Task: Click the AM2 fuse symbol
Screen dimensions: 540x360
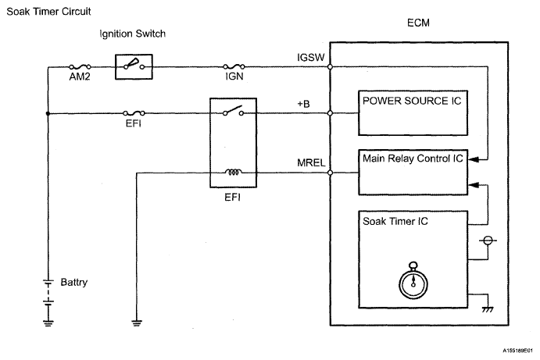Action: point(80,66)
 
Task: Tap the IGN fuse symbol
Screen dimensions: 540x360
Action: point(234,66)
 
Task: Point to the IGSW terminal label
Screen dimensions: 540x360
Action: point(311,58)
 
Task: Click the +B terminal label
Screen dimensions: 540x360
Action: point(303,104)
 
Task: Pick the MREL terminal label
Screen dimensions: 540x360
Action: point(311,162)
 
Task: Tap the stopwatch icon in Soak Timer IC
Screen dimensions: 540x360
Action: point(413,280)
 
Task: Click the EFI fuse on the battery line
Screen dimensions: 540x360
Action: point(134,113)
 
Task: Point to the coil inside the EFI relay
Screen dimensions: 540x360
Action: point(234,172)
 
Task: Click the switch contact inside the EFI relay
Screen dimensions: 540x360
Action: point(233,111)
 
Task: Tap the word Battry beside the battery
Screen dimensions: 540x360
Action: point(73,282)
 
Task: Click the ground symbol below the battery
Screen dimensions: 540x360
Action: point(48,323)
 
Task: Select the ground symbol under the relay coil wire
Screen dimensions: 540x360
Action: point(137,323)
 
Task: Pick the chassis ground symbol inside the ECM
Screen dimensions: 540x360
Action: point(488,310)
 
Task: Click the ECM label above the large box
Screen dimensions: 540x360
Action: point(418,23)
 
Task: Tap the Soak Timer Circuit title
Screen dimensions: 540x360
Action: point(48,12)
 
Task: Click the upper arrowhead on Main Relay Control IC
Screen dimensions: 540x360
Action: point(474,159)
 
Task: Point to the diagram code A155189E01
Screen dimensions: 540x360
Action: point(517,351)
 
